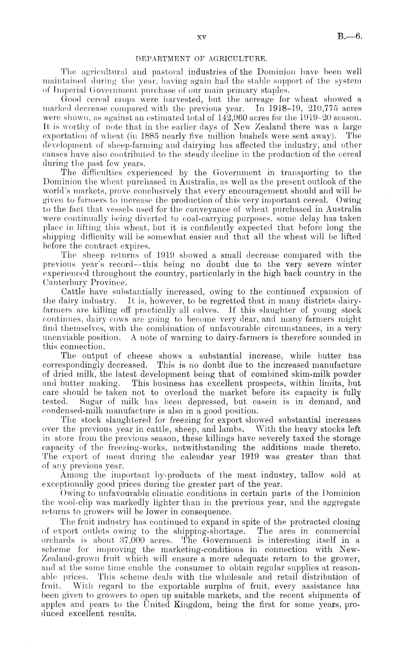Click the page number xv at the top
tap(201, 37)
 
